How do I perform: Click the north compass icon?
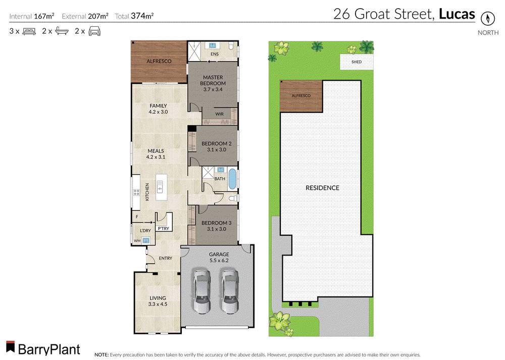click(487, 19)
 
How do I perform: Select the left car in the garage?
click(201, 291)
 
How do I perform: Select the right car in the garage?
click(230, 291)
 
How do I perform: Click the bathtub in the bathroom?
click(232, 179)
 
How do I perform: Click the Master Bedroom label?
click(213, 80)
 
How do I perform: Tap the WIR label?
click(219, 114)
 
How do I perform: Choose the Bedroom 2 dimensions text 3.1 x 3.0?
click(216, 150)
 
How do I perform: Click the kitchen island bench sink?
click(160, 187)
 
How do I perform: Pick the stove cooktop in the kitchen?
click(136, 192)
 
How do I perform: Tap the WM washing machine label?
click(137, 241)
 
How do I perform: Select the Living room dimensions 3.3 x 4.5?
click(157, 304)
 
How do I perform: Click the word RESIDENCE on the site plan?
click(322, 188)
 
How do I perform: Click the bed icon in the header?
click(28, 31)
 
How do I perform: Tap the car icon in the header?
click(94, 31)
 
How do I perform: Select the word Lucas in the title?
click(457, 14)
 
